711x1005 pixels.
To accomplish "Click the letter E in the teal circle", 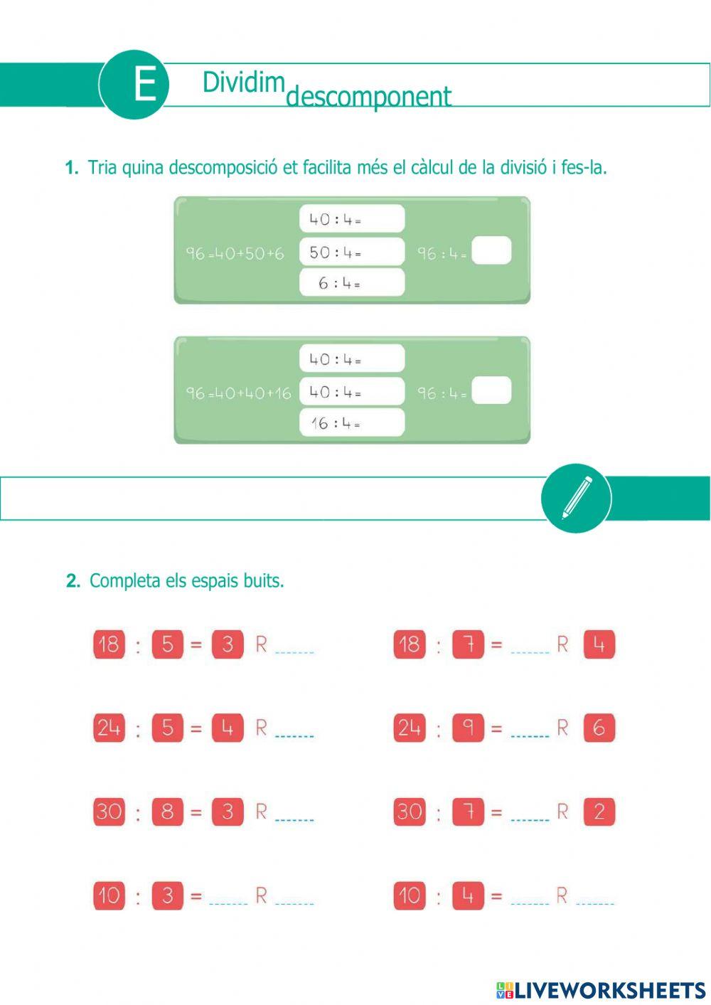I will pyautogui.click(x=144, y=85).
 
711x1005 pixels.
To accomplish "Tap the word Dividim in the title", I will pyautogui.click(x=243, y=83).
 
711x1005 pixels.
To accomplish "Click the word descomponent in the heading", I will pyautogui.click(x=368, y=97).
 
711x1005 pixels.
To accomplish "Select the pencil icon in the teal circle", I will pyautogui.click(x=577, y=497).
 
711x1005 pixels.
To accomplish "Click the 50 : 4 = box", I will pyautogui.click(x=352, y=252).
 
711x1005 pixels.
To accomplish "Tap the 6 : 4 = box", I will pyautogui.click(x=352, y=282).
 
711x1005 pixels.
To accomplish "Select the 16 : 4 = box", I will pyautogui.click(x=352, y=422).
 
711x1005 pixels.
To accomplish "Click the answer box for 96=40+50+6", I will pyautogui.click(x=491, y=251).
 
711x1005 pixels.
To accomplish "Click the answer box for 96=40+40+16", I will pyautogui.click(x=491, y=390).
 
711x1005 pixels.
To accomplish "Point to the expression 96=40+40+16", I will pyautogui.click(x=238, y=393).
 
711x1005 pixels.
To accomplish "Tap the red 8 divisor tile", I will pyautogui.click(x=167, y=812).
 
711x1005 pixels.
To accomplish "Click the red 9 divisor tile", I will pyautogui.click(x=468, y=728).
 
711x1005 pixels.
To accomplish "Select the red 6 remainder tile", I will pyautogui.click(x=599, y=728).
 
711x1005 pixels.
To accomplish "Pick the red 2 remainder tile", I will pyautogui.click(x=599, y=812).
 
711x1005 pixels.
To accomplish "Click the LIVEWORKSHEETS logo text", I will pyautogui.click(x=609, y=989).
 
